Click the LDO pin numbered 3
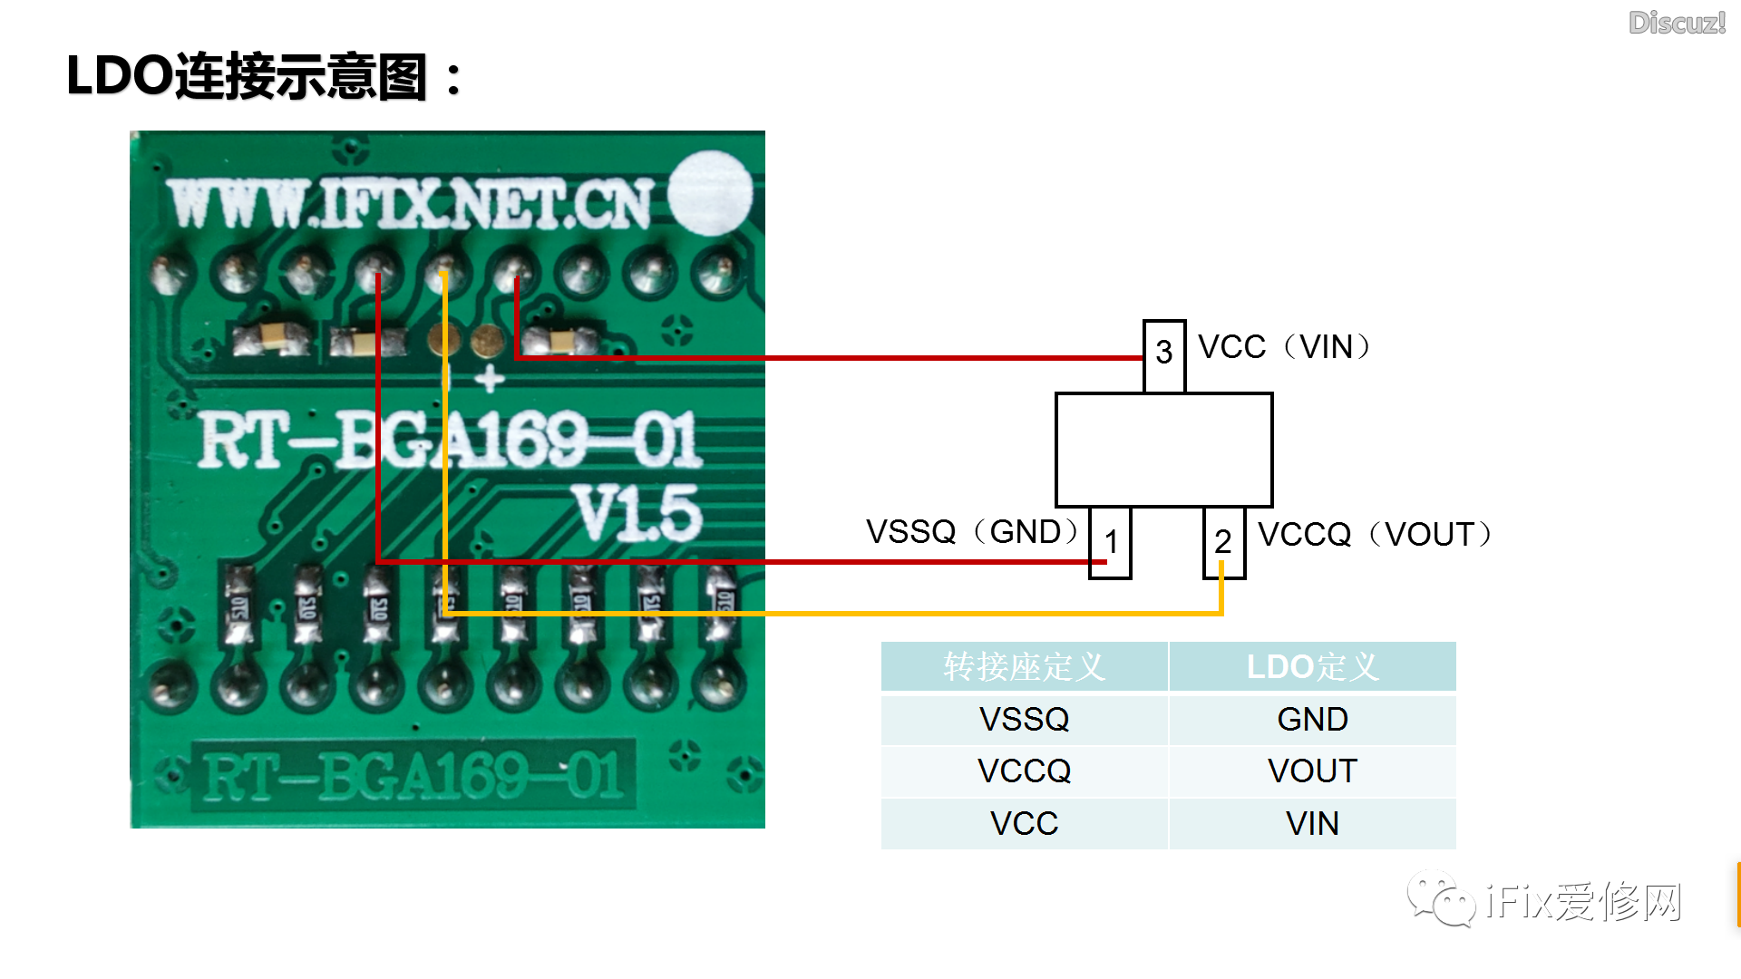point(1164,354)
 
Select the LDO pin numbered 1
point(1110,542)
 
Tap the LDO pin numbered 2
point(1223,542)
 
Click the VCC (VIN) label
point(1283,347)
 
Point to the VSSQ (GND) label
point(973,532)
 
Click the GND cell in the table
point(1312,720)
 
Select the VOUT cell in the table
point(1312,771)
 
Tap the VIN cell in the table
point(1312,824)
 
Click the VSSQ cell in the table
point(1024,720)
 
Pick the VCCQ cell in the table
point(1024,771)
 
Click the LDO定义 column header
point(1312,667)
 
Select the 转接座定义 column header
point(1024,667)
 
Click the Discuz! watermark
point(1677,23)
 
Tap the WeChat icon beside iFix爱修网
point(1441,899)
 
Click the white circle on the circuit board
point(710,193)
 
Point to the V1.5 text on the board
point(638,513)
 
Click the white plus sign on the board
point(490,378)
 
